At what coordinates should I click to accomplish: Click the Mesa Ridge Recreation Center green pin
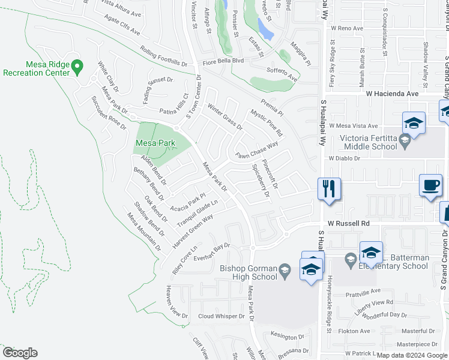[77, 67]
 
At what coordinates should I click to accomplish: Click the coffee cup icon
[430, 185]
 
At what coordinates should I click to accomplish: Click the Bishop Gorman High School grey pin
[285, 272]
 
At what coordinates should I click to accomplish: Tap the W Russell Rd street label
[349, 223]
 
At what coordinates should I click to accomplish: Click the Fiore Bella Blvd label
[223, 61]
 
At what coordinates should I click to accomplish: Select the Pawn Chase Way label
[256, 151]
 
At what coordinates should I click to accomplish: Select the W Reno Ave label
[351, 28]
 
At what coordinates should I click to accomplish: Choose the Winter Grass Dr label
[225, 118]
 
